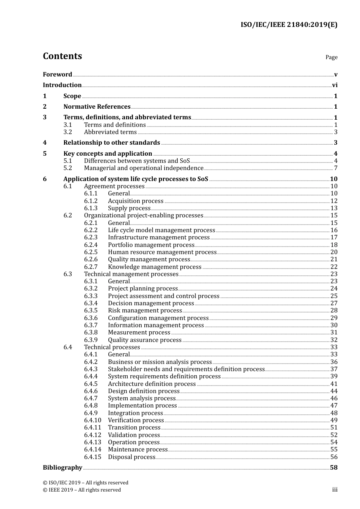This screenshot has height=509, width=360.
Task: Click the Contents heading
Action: [62, 56]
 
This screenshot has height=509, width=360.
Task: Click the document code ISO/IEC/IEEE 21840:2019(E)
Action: [289, 25]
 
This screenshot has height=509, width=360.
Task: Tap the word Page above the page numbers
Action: [331, 57]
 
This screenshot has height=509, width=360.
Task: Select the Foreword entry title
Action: [57, 75]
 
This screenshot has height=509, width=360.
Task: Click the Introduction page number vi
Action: [335, 85]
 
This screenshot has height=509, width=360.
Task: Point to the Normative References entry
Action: [97, 107]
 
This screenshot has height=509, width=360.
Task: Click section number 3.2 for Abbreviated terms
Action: [68, 132]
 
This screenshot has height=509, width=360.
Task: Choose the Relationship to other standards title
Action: [111, 143]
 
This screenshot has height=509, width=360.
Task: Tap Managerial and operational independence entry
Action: [144, 168]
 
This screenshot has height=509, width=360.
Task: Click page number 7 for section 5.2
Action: [336, 168]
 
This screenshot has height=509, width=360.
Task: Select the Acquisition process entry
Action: [135, 201]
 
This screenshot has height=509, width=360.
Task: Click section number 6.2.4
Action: [91, 245]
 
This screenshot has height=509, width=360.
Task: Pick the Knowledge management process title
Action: [155, 267]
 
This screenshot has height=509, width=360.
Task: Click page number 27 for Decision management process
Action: [334, 303]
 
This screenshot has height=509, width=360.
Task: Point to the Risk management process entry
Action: [145, 311]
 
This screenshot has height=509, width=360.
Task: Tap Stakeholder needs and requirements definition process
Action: [186, 369]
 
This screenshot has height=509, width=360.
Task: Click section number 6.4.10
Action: [92, 420]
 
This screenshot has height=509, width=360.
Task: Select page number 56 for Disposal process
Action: [334, 457]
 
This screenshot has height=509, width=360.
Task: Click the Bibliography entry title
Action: [62, 468]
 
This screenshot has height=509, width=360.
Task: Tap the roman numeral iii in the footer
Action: [335, 490]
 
